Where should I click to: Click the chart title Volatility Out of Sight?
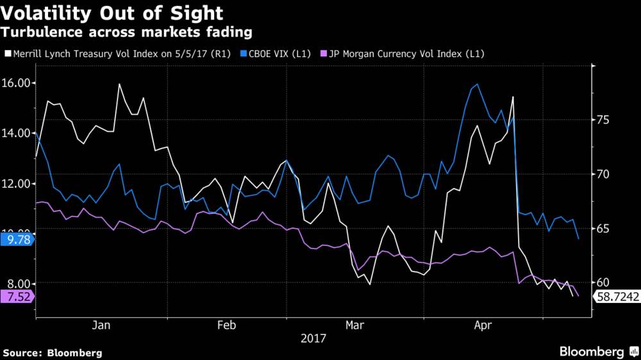pos(113,13)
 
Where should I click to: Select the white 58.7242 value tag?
pos(617,297)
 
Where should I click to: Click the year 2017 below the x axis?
pos(313,338)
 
